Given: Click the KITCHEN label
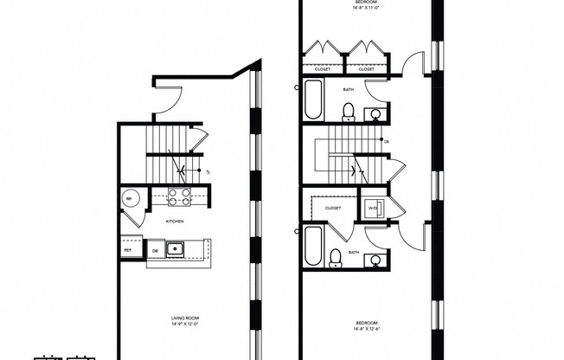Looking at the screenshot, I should pyautogui.click(x=176, y=222).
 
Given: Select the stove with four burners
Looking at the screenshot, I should pyautogui.click(x=179, y=197).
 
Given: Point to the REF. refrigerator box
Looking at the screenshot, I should pyautogui.click(x=128, y=250).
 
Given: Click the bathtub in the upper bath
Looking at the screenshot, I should pyautogui.click(x=313, y=102).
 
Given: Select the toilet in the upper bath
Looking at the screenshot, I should pyautogui.click(x=349, y=111).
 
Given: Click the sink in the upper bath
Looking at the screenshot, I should pyautogui.click(x=375, y=113).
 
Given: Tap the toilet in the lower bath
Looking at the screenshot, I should pyautogui.click(x=336, y=257).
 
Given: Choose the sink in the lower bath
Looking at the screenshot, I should pyautogui.click(x=375, y=260).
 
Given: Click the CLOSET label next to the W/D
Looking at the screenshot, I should pyautogui.click(x=332, y=208).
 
